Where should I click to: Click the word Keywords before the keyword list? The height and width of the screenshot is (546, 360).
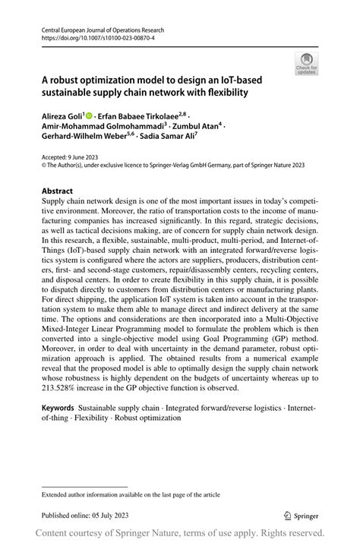(x=58, y=408)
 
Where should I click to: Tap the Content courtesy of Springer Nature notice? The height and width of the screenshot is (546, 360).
(x=179, y=533)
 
